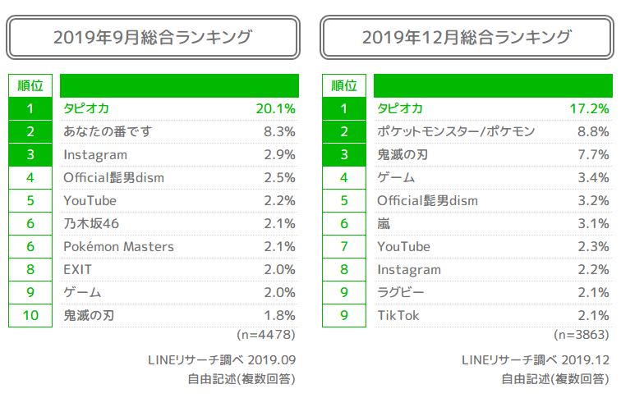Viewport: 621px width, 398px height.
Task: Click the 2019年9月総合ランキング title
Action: [x=152, y=38]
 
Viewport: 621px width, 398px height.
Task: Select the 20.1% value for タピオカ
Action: [x=275, y=108]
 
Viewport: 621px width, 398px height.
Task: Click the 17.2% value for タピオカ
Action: [x=589, y=108]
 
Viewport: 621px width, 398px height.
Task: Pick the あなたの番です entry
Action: [x=108, y=131]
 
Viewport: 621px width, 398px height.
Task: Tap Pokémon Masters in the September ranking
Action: [x=118, y=246]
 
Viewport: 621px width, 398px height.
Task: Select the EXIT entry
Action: [x=78, y=269]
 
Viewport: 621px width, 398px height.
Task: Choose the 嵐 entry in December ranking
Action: [x=384, y=223]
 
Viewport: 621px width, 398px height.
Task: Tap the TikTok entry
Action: [x=398, y=315]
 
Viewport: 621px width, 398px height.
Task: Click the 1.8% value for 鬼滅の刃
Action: [x=278, y=315]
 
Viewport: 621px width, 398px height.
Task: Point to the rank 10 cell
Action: [x=30, y=315]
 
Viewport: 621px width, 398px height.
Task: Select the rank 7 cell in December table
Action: [x=344, y=246]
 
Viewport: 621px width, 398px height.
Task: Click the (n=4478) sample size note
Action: [x=265, y=335]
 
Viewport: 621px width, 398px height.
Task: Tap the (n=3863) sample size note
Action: [x=581, y=335]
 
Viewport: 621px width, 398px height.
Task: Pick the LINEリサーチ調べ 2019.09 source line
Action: [x=221, y=359]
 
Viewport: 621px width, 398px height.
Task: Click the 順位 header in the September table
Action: [x=30, y=85]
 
